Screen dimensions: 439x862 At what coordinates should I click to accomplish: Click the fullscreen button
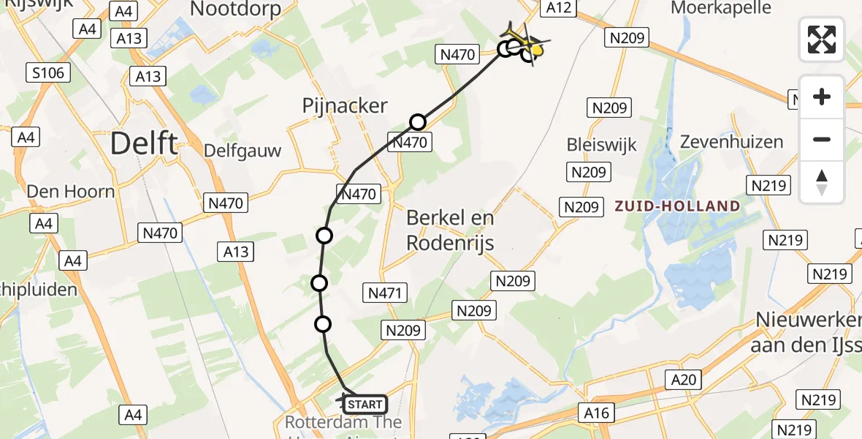[822, 40]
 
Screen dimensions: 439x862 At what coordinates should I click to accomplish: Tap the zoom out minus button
[822, 139]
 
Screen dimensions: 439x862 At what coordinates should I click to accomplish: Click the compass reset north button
[822, 182]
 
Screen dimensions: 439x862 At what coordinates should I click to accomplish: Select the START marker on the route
[364, 404]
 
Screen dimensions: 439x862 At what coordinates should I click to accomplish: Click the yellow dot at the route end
[537, 50]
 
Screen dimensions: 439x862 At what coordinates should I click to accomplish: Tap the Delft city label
[144, 143]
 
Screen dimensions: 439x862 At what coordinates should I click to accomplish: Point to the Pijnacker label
[345, 105]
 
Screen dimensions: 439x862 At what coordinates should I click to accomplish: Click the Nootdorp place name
[235, 9]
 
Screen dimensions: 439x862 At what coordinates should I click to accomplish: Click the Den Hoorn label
[71, 192]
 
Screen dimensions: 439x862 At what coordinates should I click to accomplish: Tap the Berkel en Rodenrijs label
[450, 230]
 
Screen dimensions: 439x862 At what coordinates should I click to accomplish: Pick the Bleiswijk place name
[602, 144]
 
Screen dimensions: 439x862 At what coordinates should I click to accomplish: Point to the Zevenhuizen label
[731, 142]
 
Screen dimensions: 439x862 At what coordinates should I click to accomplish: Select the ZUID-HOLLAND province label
[677, 206]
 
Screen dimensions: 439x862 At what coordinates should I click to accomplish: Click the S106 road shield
[48, 72]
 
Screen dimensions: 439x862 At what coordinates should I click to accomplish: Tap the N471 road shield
[383, 293]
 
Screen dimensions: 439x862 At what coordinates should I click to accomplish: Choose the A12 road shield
[558, 8]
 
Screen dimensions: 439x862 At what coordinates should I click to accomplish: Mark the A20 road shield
[684, 379]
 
